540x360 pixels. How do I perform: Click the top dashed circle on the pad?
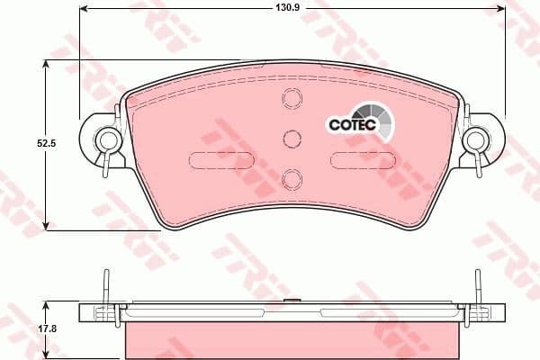[291, 98]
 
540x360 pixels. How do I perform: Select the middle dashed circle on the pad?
[291, 138]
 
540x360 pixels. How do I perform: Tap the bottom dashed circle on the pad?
[291, 178]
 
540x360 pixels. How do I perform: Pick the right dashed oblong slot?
[361, 160]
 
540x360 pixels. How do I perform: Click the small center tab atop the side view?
[290, 301]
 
